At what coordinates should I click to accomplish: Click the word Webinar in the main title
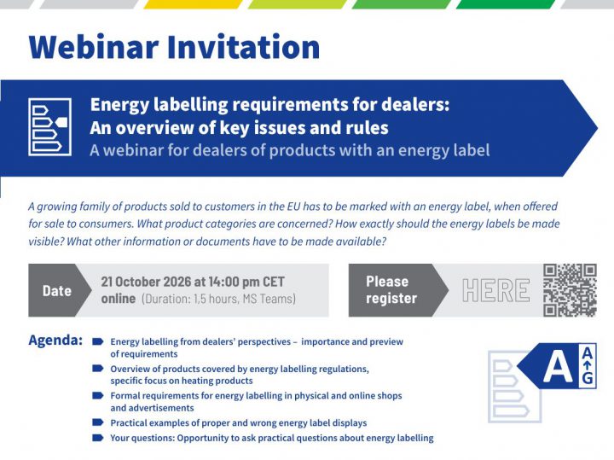(94, 47)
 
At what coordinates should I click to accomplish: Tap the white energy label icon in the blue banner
(49, 127)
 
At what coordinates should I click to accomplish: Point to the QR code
(570, 290)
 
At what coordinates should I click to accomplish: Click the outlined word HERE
(495, 290)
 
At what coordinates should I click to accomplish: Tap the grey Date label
(57, 291)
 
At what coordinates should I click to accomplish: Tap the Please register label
(391, 290)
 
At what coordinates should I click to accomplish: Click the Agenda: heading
(55, 341)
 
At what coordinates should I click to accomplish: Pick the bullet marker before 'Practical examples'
(97, 422)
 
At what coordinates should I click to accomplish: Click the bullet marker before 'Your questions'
(97, 437)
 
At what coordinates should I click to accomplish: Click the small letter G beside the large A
(588, 378)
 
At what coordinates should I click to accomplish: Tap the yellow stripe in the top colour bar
(193, 4)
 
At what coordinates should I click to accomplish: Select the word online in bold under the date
(119, 299)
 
